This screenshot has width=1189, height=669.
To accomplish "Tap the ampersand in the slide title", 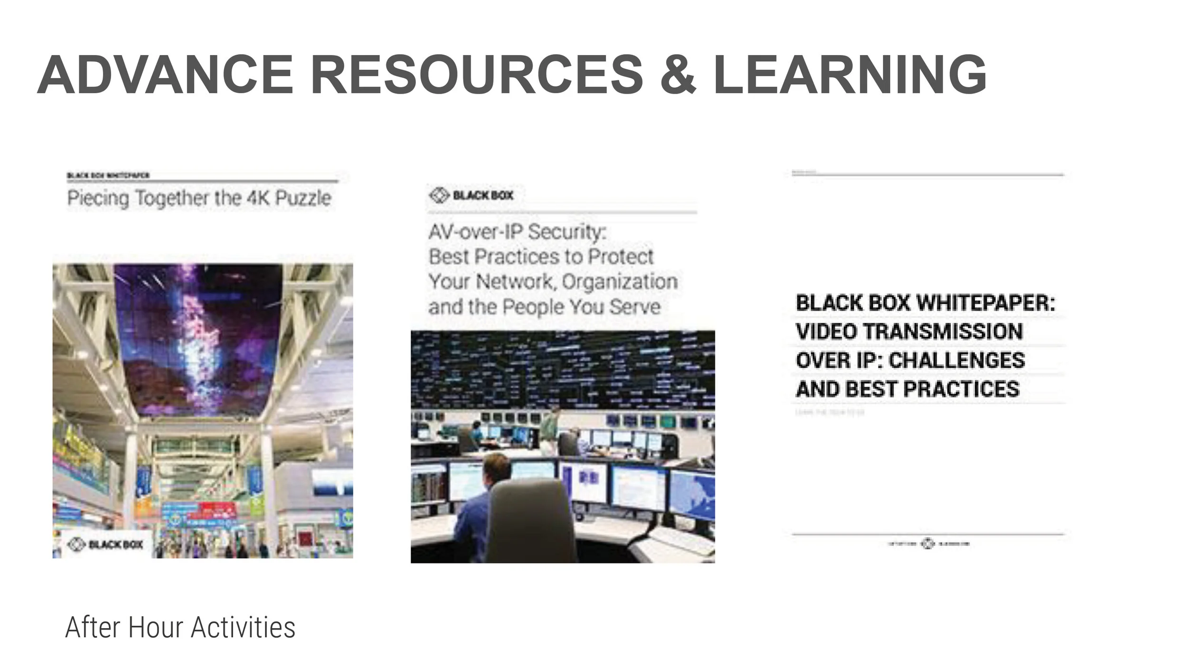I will [678, 75].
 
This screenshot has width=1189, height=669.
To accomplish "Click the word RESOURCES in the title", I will [477, 75].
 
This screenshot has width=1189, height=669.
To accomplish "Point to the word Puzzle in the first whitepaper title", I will [303, 198].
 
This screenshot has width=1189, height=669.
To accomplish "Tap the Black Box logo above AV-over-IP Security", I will [471, 195].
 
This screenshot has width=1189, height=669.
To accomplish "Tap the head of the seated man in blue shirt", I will [497, 468].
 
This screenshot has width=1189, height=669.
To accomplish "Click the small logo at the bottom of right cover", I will [928, 543].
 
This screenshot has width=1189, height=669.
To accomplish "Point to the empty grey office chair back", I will [523, 518].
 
